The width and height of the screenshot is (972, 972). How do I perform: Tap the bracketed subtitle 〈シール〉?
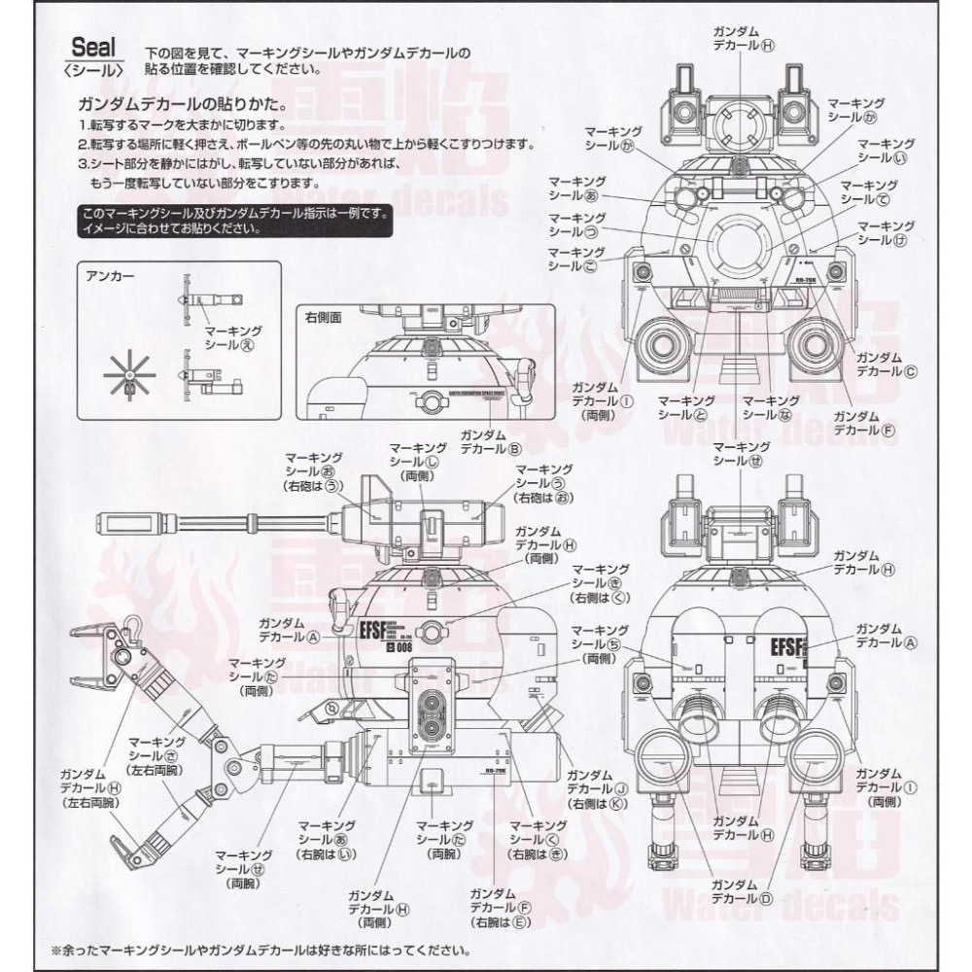[x=93, y=71]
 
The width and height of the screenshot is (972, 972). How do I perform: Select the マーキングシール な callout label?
[x=764, y=406]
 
